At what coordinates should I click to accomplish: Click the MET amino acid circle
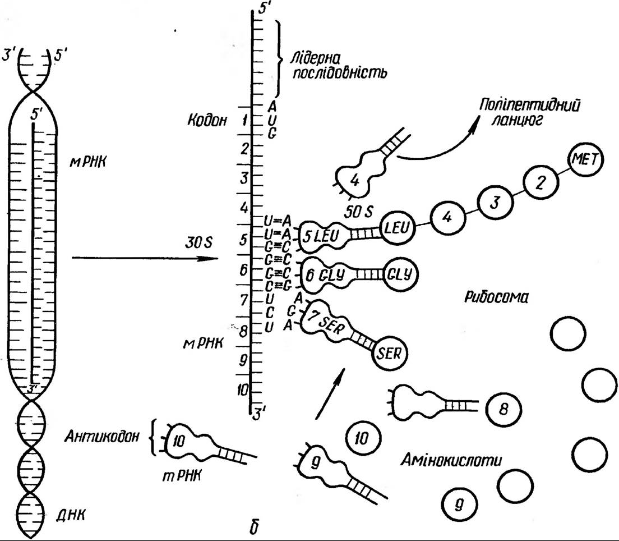[585, 161]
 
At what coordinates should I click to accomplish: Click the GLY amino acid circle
[400, 274]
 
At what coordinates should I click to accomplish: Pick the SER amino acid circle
[390, 354]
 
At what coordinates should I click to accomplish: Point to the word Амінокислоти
[451, 461]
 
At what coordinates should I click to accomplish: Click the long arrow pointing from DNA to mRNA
[145, 258]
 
